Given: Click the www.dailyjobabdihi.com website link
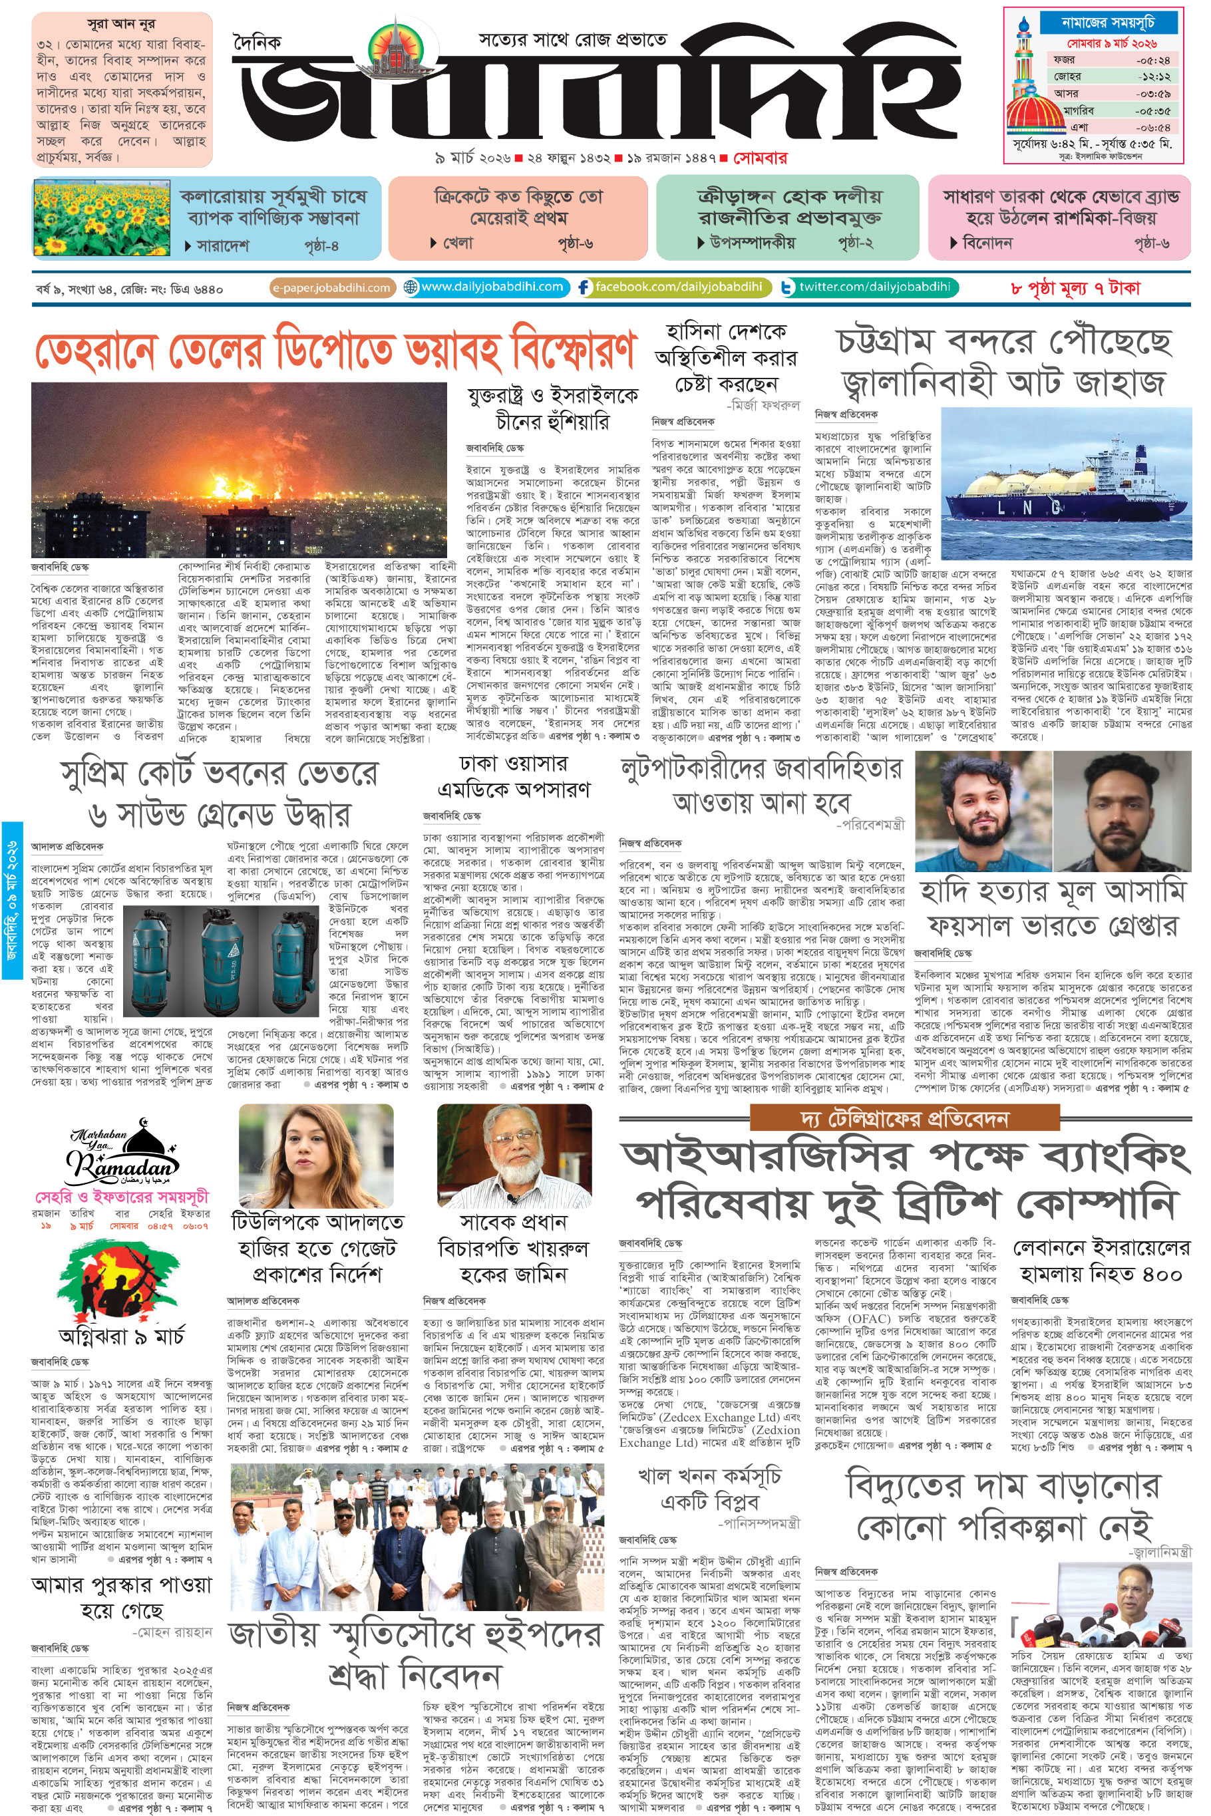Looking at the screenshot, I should tap(486, 287).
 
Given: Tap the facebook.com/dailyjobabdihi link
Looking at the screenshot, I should tap(671, 287).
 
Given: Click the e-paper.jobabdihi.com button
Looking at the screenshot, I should tap(332, 288).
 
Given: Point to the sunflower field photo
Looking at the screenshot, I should tap(102, 217).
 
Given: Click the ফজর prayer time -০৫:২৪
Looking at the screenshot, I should tap(1152, 59).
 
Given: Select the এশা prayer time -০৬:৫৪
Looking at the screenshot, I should tap(1152, 128).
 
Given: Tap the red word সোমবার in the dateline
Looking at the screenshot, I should tap(760, 158).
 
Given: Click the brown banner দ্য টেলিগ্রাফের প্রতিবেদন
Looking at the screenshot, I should tap(903, 1118).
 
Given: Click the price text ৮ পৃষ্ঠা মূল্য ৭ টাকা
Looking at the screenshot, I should tap(1075, 288).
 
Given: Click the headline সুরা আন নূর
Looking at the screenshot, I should tap(121, 23).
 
